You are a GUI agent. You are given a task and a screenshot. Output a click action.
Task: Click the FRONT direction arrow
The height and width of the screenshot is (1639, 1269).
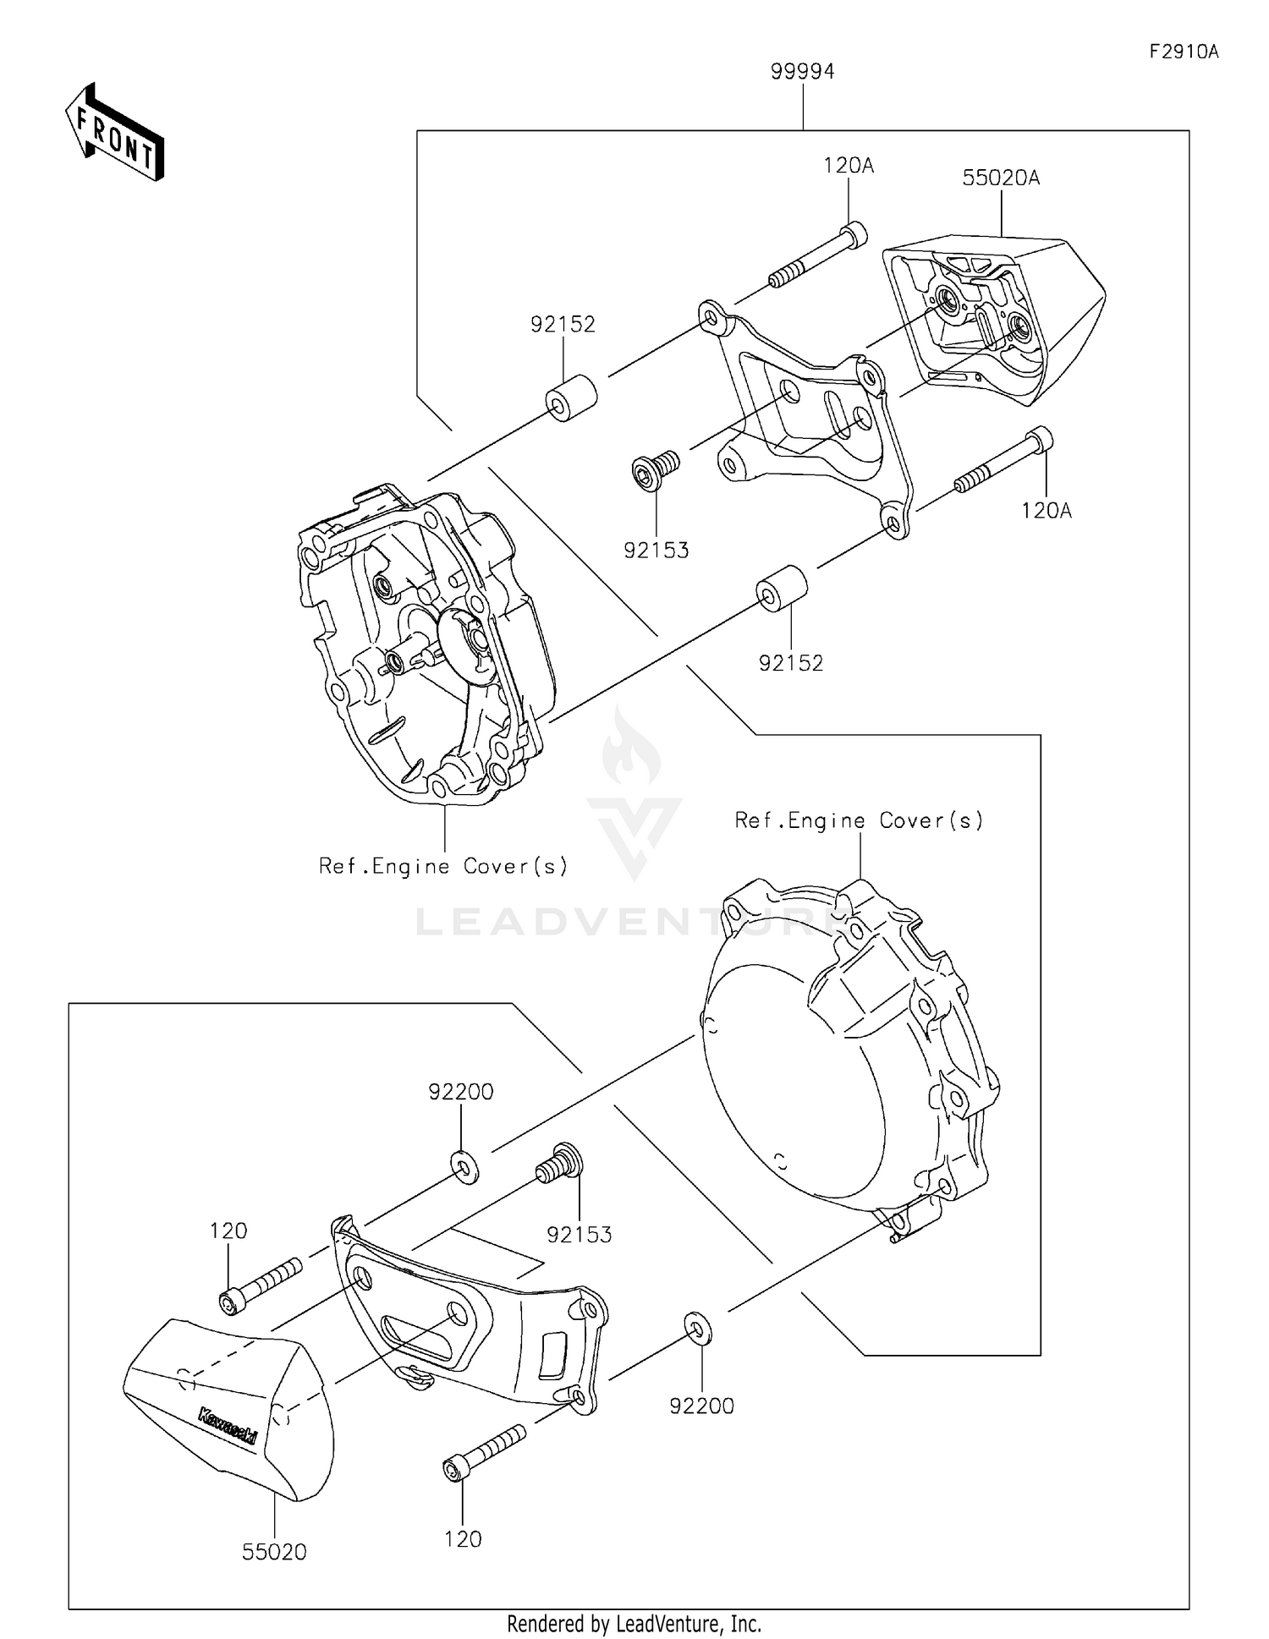point(115,133)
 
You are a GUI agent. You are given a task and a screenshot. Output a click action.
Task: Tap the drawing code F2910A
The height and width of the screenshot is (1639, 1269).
point(1184,52)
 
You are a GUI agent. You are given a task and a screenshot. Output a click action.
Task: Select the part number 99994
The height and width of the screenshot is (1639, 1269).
point(802,72)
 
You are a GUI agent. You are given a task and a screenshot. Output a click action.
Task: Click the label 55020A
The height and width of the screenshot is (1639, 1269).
point(1001,178)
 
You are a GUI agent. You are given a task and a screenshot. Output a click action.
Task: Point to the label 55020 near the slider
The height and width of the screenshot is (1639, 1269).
point(274,1552)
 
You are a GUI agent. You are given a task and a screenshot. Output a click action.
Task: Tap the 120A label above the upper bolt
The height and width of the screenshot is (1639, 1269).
point(849,166)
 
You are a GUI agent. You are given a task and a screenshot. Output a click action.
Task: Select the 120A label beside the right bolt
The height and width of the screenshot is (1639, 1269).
point(1047,511)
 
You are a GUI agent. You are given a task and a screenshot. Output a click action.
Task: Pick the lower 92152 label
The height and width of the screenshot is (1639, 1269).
point(791,663)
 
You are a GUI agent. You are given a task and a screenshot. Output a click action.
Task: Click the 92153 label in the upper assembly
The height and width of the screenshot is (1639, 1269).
point(656,551)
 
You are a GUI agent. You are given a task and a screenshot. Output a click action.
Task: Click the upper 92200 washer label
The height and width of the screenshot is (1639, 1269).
point(461,1092)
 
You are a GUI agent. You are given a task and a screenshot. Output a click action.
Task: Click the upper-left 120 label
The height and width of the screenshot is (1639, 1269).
point(228,1231)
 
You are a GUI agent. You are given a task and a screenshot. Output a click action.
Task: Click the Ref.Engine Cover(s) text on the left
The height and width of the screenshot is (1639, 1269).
point(443,866)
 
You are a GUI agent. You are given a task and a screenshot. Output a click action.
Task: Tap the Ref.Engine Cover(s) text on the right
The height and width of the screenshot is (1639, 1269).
point(859,820)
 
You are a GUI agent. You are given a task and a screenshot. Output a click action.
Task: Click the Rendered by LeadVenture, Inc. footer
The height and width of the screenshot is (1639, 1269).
point(634,1624)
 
